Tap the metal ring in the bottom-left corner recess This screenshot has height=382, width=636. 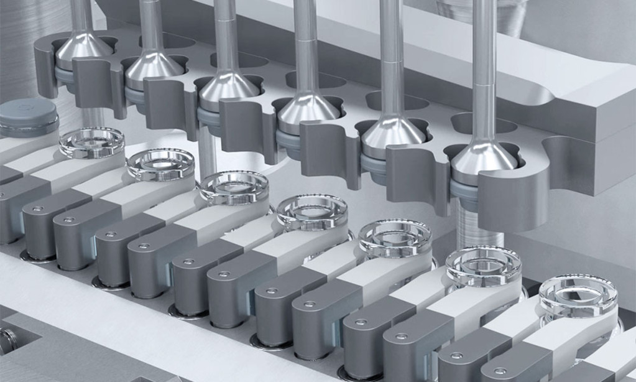pos(7,340)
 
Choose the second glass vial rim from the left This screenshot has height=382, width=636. pos(160,164)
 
